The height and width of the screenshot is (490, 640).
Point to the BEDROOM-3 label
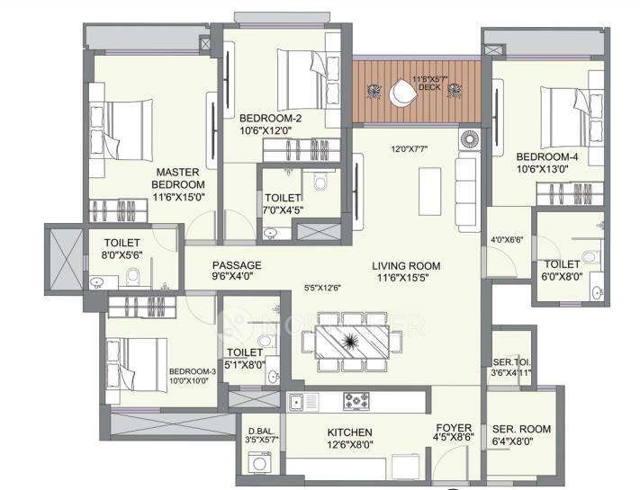[x=192, y=371]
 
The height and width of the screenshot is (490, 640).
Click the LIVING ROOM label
[x=406, y=266]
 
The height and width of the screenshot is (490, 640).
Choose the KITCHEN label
[x=349, y=432]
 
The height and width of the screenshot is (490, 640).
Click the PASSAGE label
[x=237, y=265]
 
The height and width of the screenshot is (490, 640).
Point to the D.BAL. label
[x=261, y=431]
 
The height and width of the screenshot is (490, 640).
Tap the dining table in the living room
[x=340, y=342]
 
